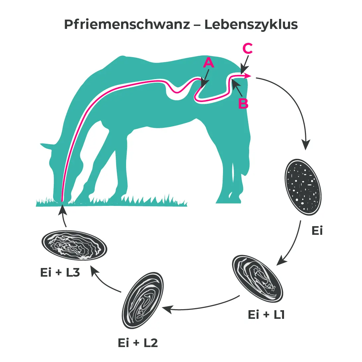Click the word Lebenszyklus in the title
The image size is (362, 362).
(251, 25)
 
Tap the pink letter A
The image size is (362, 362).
(208, 62)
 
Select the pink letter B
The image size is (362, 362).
(243, 103)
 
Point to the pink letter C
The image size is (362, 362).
(248, 49)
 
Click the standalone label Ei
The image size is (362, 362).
(317, 231)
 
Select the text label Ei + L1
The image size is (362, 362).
(266, 315)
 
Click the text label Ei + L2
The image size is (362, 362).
(138, 343)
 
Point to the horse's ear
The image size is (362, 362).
(46, 146)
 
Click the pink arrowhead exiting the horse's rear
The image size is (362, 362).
(248, 76)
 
